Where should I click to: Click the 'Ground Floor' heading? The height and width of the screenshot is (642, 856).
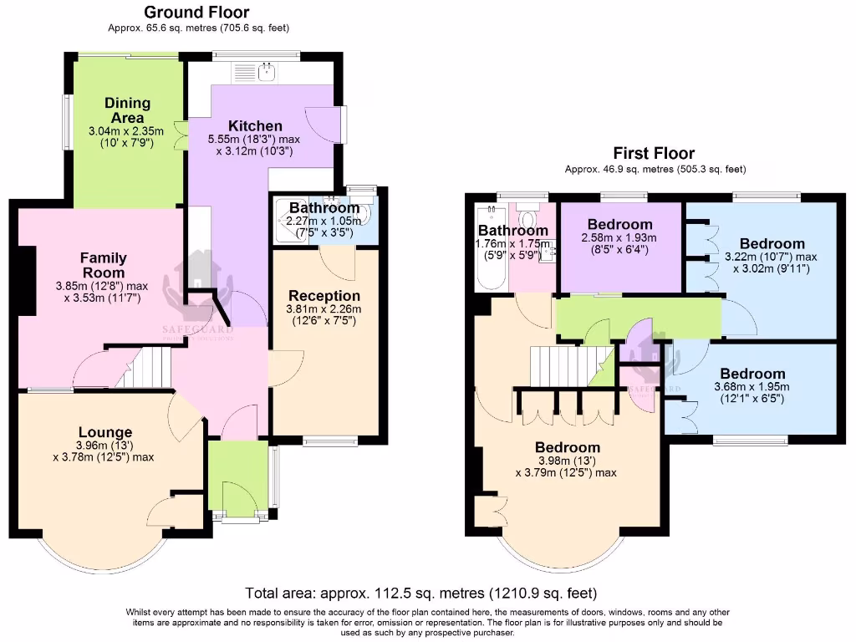(x=196, y=12)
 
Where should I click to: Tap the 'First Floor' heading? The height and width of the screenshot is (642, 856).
(x=654, y=153)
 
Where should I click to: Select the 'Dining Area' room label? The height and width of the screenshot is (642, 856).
(x=128, y=110)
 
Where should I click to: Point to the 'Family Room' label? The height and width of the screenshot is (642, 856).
(x=103, y=265)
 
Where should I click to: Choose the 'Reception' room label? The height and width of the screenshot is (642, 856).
(x=324, y=296)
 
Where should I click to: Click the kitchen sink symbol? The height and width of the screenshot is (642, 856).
(x=266, y=74)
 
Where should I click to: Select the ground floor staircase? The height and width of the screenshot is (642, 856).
(x=145, y=369)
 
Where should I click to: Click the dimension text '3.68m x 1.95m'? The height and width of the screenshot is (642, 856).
(x=752, y=387)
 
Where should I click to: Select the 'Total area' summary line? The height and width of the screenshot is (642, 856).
(x=421, y=594)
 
